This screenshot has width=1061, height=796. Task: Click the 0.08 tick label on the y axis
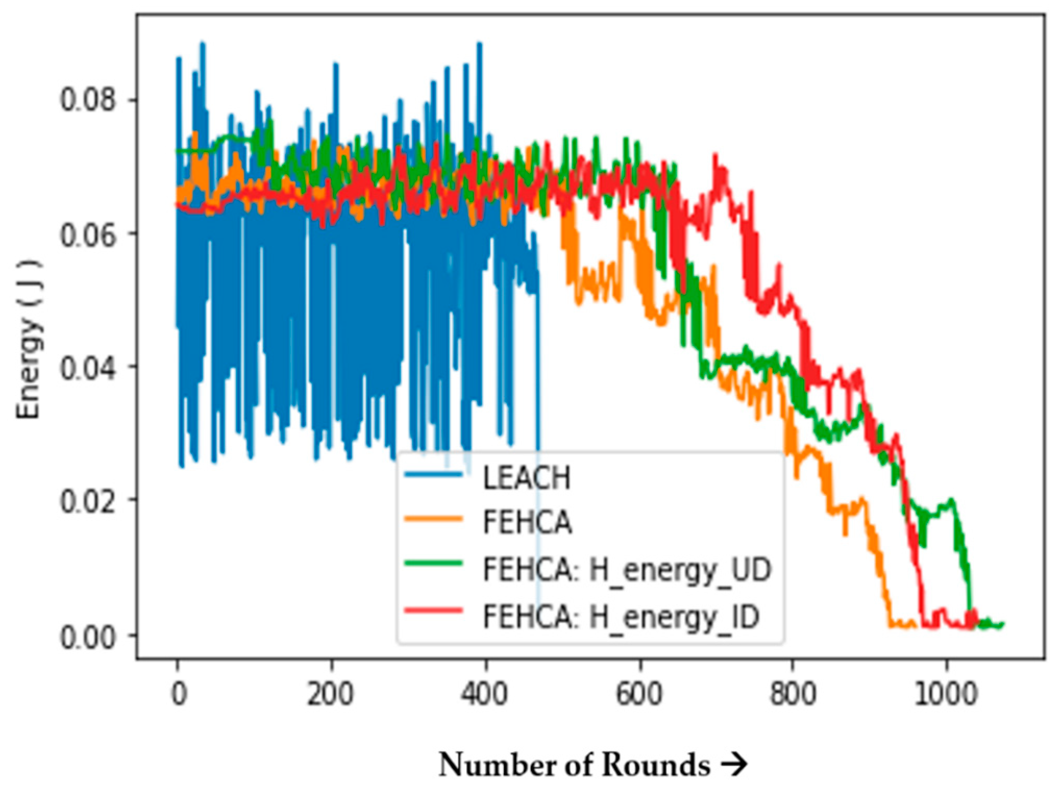tap(87, 99)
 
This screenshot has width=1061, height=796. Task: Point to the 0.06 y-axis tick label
tap(87, 234)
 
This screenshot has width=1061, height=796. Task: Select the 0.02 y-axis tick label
tap(87, 501)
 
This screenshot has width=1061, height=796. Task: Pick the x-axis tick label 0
tap(179, 694)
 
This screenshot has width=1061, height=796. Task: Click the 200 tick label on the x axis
tap(330, 694)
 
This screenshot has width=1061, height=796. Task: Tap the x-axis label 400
tap(484, 694)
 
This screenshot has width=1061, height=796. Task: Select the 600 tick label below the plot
tap(639, 694)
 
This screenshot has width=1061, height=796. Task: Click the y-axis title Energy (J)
tap(29, 339)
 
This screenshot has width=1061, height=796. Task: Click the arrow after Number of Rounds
tap(735, 765)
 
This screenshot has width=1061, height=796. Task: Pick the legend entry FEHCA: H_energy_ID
tap(621, 617)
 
